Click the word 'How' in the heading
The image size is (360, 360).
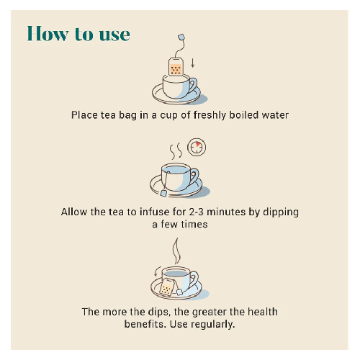(x=48, y=33)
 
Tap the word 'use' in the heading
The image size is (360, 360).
(x=114, y=35)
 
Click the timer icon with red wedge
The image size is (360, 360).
(x=197, y=147)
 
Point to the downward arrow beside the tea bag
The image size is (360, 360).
(x=192, y=63)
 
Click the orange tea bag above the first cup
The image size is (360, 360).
(x=176, y=67)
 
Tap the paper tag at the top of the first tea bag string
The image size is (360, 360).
(x=181, y=37)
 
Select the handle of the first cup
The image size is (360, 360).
(x=193, y=85)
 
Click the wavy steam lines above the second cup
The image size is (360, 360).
(x=176, y=151)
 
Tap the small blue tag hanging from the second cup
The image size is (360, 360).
(x=164, y=193)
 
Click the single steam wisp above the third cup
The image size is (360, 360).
(x=176, y=251)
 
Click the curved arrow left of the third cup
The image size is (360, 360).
(x=156, y=271)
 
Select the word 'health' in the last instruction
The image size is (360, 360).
(x=263, y=312)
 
